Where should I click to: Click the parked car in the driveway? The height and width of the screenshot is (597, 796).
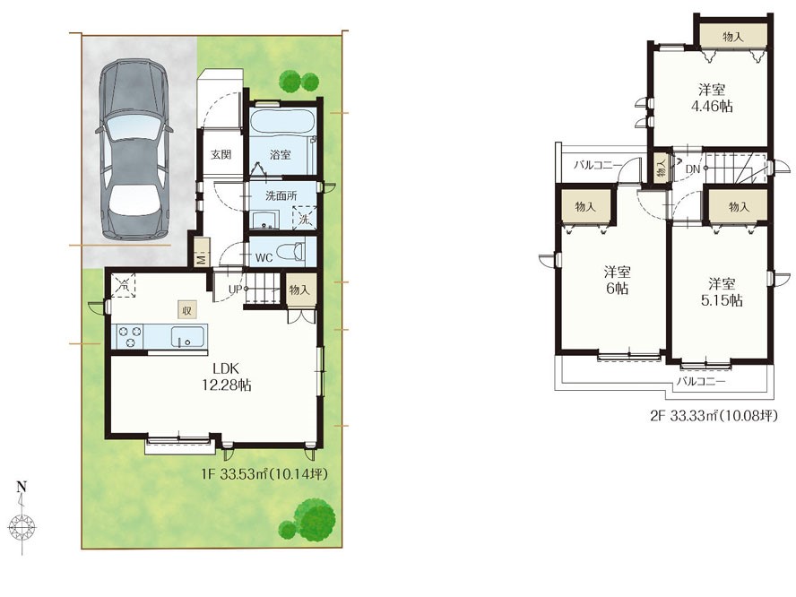point(134,150)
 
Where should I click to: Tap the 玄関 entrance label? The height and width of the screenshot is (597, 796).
point(221,154)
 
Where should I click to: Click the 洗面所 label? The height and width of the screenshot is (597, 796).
point(281,195)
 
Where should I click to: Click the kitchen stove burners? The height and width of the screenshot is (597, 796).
point(129,336)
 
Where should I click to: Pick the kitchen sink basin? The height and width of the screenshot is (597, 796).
point(187,336)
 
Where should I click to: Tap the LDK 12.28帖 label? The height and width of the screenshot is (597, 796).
point(227,376)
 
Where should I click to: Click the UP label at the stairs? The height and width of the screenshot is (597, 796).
point(235,290)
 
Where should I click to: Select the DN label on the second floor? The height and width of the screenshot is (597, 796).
point(693,169)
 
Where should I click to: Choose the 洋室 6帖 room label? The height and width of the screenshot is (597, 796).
point(618,280)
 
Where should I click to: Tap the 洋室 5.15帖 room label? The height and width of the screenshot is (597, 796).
point(722,292)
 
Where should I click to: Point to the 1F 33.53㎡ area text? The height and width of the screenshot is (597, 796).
point(264,474)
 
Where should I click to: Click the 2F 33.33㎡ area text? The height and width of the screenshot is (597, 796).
point(714,416)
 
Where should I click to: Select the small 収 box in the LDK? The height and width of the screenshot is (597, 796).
point(186,309)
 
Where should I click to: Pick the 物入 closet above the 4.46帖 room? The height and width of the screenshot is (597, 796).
point(733,36)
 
